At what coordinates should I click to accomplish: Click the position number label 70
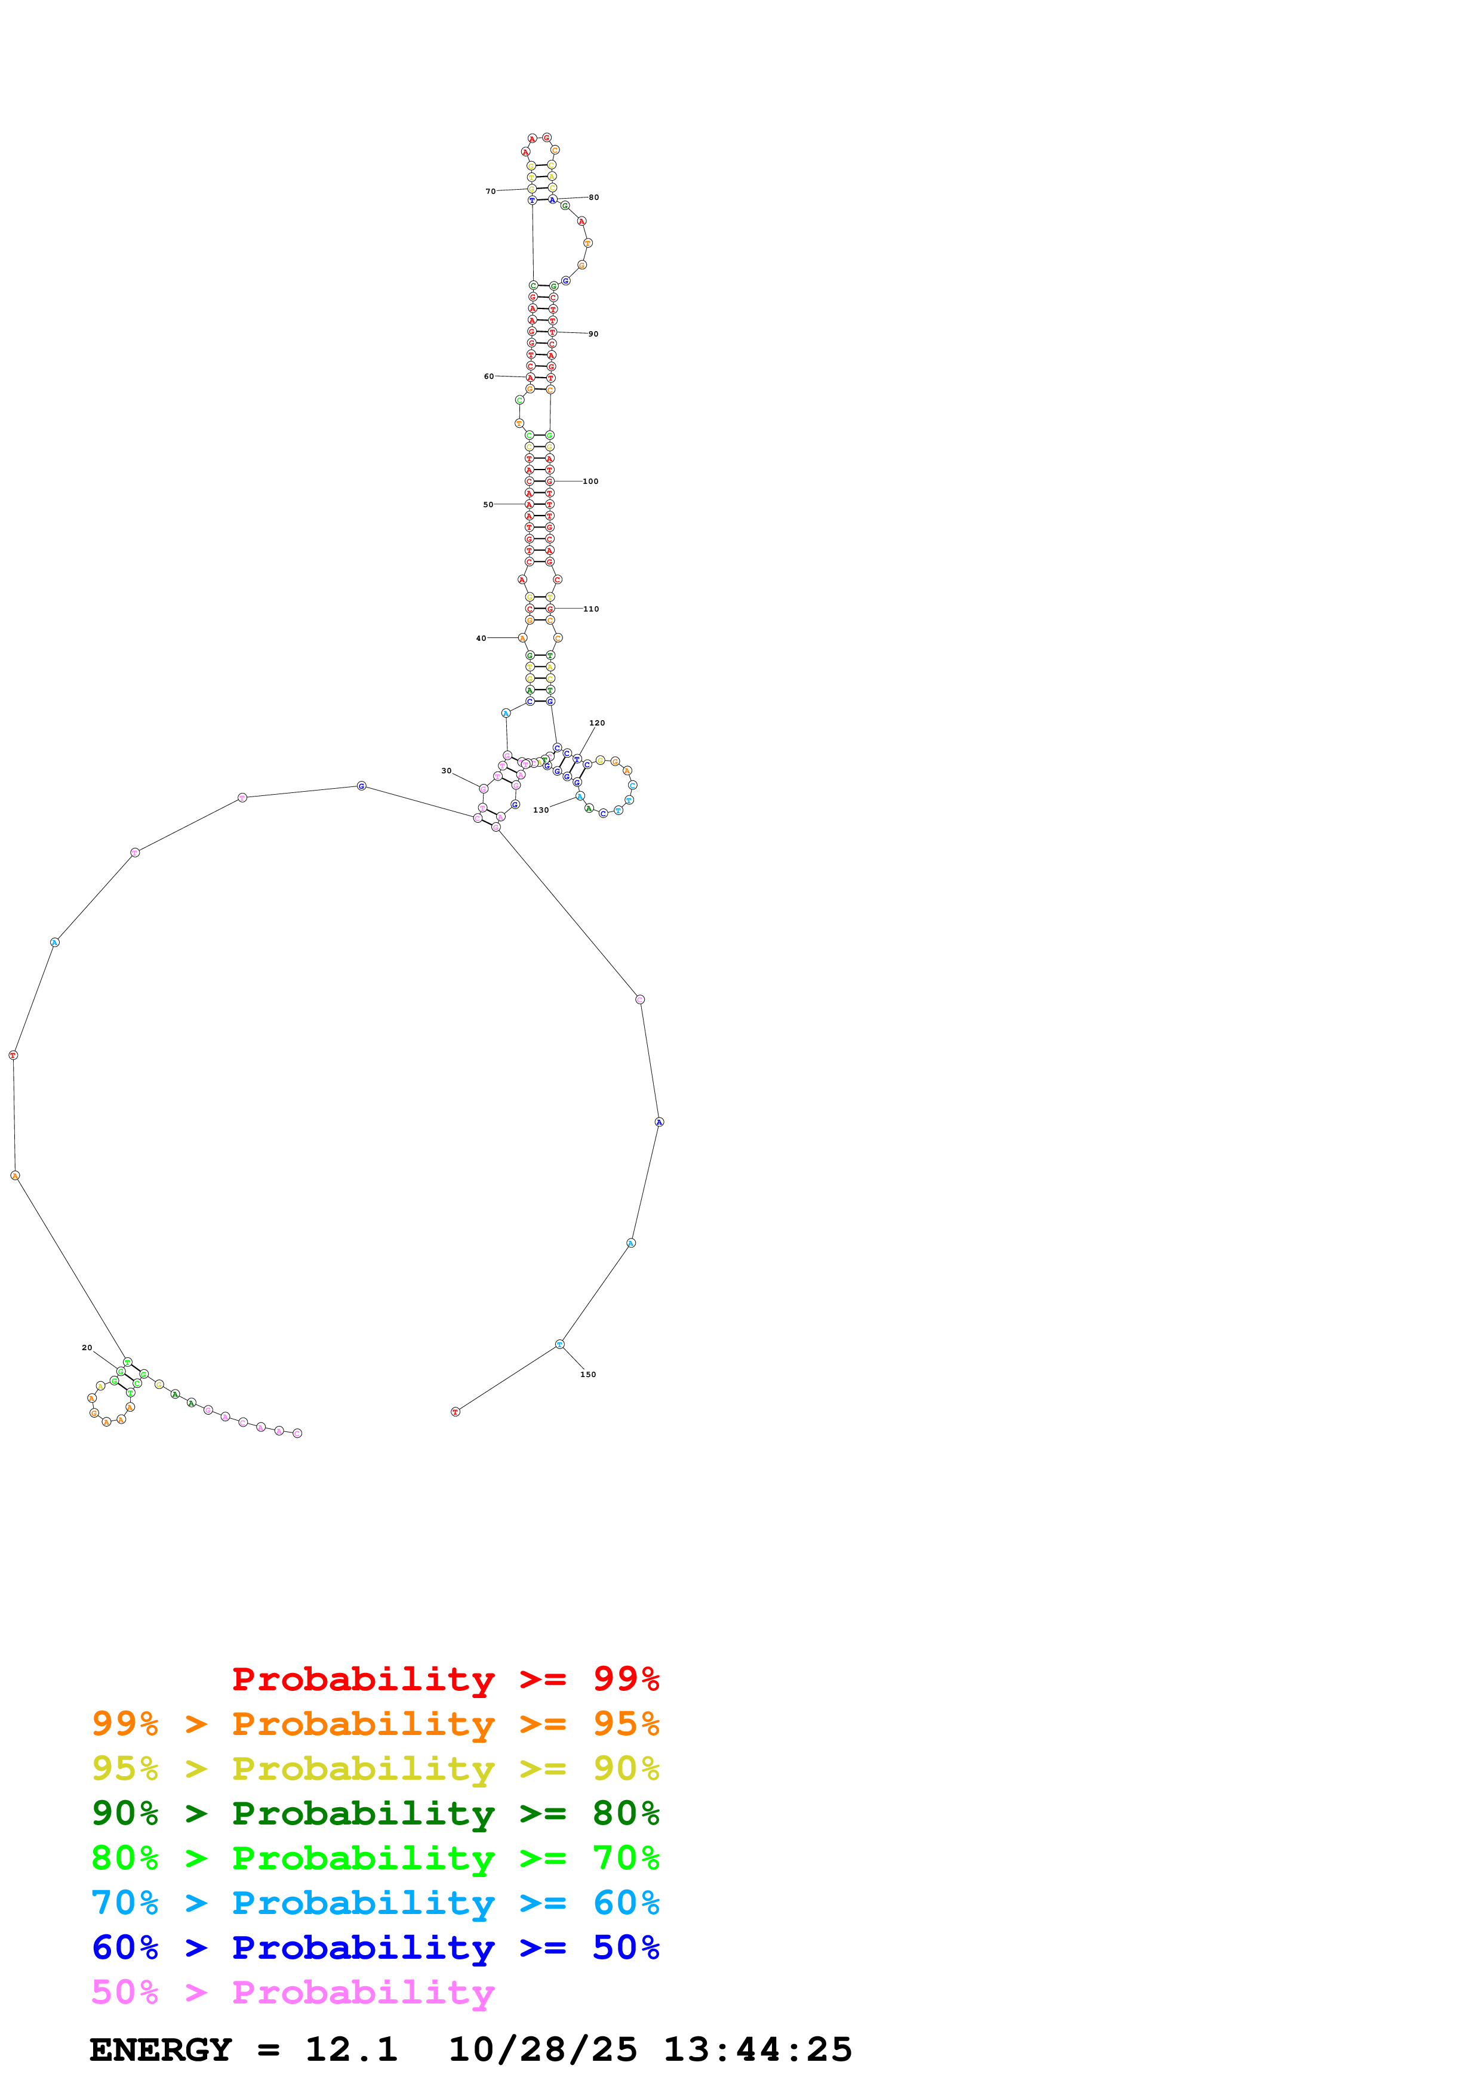click(x=490, y=192)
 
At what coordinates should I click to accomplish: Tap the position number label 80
click(x=593, y=197)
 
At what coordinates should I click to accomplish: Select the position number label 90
click(x=593, y=334)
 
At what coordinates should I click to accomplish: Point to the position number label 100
click(x=590, y=481)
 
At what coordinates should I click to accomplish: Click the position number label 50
click(x=488, y=504)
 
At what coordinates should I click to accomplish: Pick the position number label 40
click(x=481, y=638)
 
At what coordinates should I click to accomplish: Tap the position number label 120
click(x=596, y=723)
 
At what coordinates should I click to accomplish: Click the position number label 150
click(x=588, y=1374)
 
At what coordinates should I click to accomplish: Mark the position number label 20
click(x=87, y=1347)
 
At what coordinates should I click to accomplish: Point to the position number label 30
click(x=446, y=770)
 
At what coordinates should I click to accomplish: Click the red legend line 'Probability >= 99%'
click(x=445, y=1678)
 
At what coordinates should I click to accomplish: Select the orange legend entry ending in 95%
click(x=375, y=1724)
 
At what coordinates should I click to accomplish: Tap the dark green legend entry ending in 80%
click(x=375, y=1813)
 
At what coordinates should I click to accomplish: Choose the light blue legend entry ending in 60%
click(x=375, y=1903)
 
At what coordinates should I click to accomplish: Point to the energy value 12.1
click(x=351, y=2049)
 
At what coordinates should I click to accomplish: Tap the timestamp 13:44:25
click(x=757, y=2049)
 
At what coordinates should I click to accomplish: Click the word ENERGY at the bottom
click(x=161, y=2049)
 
